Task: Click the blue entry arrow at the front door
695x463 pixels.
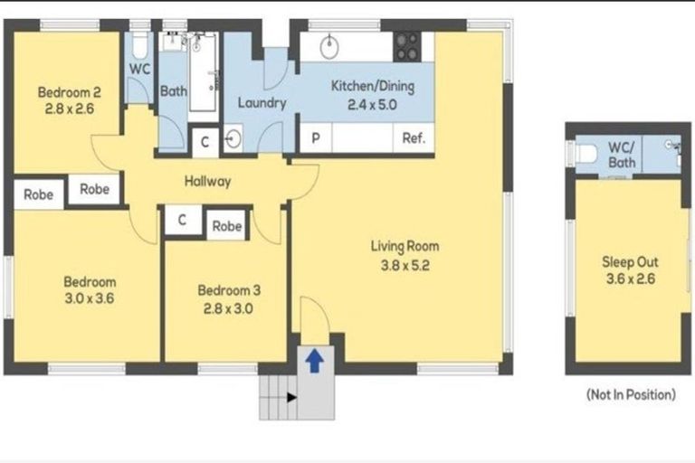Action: coord(313,362)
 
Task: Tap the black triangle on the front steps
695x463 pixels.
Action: coord(290,396)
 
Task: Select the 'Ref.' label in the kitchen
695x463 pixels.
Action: coord(414,138)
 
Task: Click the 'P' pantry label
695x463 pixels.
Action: coord(316,138)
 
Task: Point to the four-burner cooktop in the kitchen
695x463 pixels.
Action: coord(407,46)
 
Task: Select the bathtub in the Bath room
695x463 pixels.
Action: coord(202,72)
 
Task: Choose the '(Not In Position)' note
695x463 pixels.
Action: coord(631,394)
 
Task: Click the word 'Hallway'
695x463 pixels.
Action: coord(207,181)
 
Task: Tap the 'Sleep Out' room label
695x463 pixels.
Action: coord(630,261)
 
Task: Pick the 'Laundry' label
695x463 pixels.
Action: coord(262,102)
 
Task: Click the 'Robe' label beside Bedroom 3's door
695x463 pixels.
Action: coord(226,226)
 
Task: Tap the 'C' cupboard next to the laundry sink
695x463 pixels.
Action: coord(205,141)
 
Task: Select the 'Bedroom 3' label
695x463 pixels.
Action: coord(229,290)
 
